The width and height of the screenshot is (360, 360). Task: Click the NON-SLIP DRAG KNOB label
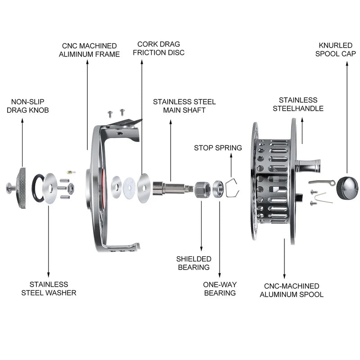27,106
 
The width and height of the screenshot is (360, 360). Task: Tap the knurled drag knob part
21,185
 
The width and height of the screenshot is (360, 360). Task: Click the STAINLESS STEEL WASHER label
49,288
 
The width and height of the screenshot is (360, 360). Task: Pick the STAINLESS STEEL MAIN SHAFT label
184,106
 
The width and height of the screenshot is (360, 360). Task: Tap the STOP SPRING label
218,148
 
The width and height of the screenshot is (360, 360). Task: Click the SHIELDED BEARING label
193,263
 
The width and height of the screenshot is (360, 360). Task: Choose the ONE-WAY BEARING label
220,288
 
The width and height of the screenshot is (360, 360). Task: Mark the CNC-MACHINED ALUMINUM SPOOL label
291,290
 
